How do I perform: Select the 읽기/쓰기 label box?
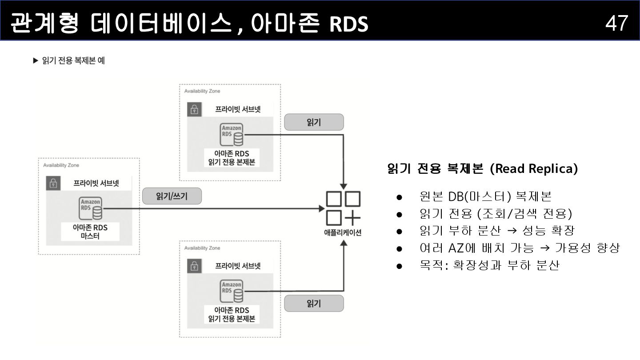(172, 196)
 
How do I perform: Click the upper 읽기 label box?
(314, 122)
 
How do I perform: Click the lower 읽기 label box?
(314, 303)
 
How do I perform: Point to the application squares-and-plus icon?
(343, 208)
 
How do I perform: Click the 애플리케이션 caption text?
(343, 232)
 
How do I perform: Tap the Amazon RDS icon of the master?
(91, 208)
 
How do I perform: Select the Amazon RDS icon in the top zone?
(232, 135)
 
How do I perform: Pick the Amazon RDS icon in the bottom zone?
(232, 291)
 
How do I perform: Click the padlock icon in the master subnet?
(53, 183)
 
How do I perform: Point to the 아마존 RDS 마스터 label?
(90, 232)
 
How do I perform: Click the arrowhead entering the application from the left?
(323, 208)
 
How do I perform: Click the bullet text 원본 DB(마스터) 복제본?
(485, 196)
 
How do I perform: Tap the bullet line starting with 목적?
(489, 265)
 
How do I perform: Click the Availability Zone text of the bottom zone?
(202, 248)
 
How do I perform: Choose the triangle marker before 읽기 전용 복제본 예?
(36, 60)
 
